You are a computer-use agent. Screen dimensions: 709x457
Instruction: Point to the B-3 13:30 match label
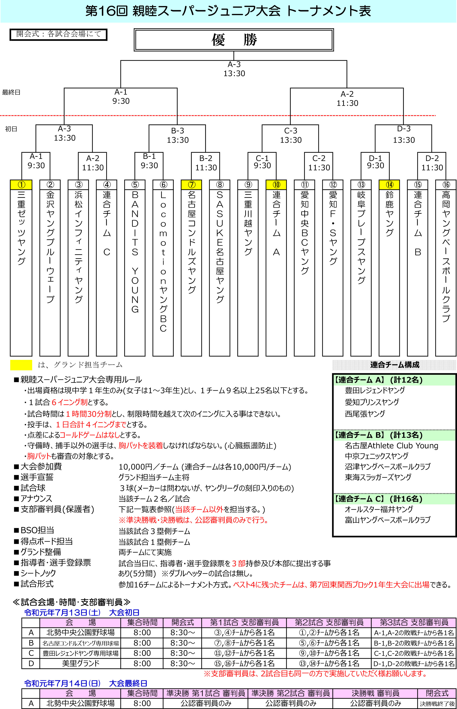coord(177,135)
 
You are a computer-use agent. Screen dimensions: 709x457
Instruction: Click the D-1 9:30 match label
coord(375,161)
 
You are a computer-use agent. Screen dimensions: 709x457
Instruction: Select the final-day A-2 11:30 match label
coord(347,99)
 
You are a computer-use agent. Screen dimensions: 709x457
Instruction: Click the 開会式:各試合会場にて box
coord(59,34)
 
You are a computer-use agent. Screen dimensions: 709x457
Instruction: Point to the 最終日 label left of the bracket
coord(11,92)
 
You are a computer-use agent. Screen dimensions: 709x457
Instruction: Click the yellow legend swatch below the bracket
coord(21,365)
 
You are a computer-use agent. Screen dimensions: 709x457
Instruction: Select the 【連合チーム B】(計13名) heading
coord(379,435)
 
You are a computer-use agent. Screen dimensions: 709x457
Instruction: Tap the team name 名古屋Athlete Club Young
coord(391,446)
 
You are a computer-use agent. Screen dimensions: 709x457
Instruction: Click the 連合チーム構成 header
coord(394,365)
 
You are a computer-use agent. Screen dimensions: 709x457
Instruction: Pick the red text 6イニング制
coord(70,402)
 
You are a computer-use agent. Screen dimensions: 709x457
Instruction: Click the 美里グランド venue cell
coord(80,663)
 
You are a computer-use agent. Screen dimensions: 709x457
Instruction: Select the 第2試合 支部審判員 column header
coord(329,622)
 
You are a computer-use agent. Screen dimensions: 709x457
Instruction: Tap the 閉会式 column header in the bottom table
coord(437,693)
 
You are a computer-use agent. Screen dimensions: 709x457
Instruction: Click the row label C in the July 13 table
coord(31,653)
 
